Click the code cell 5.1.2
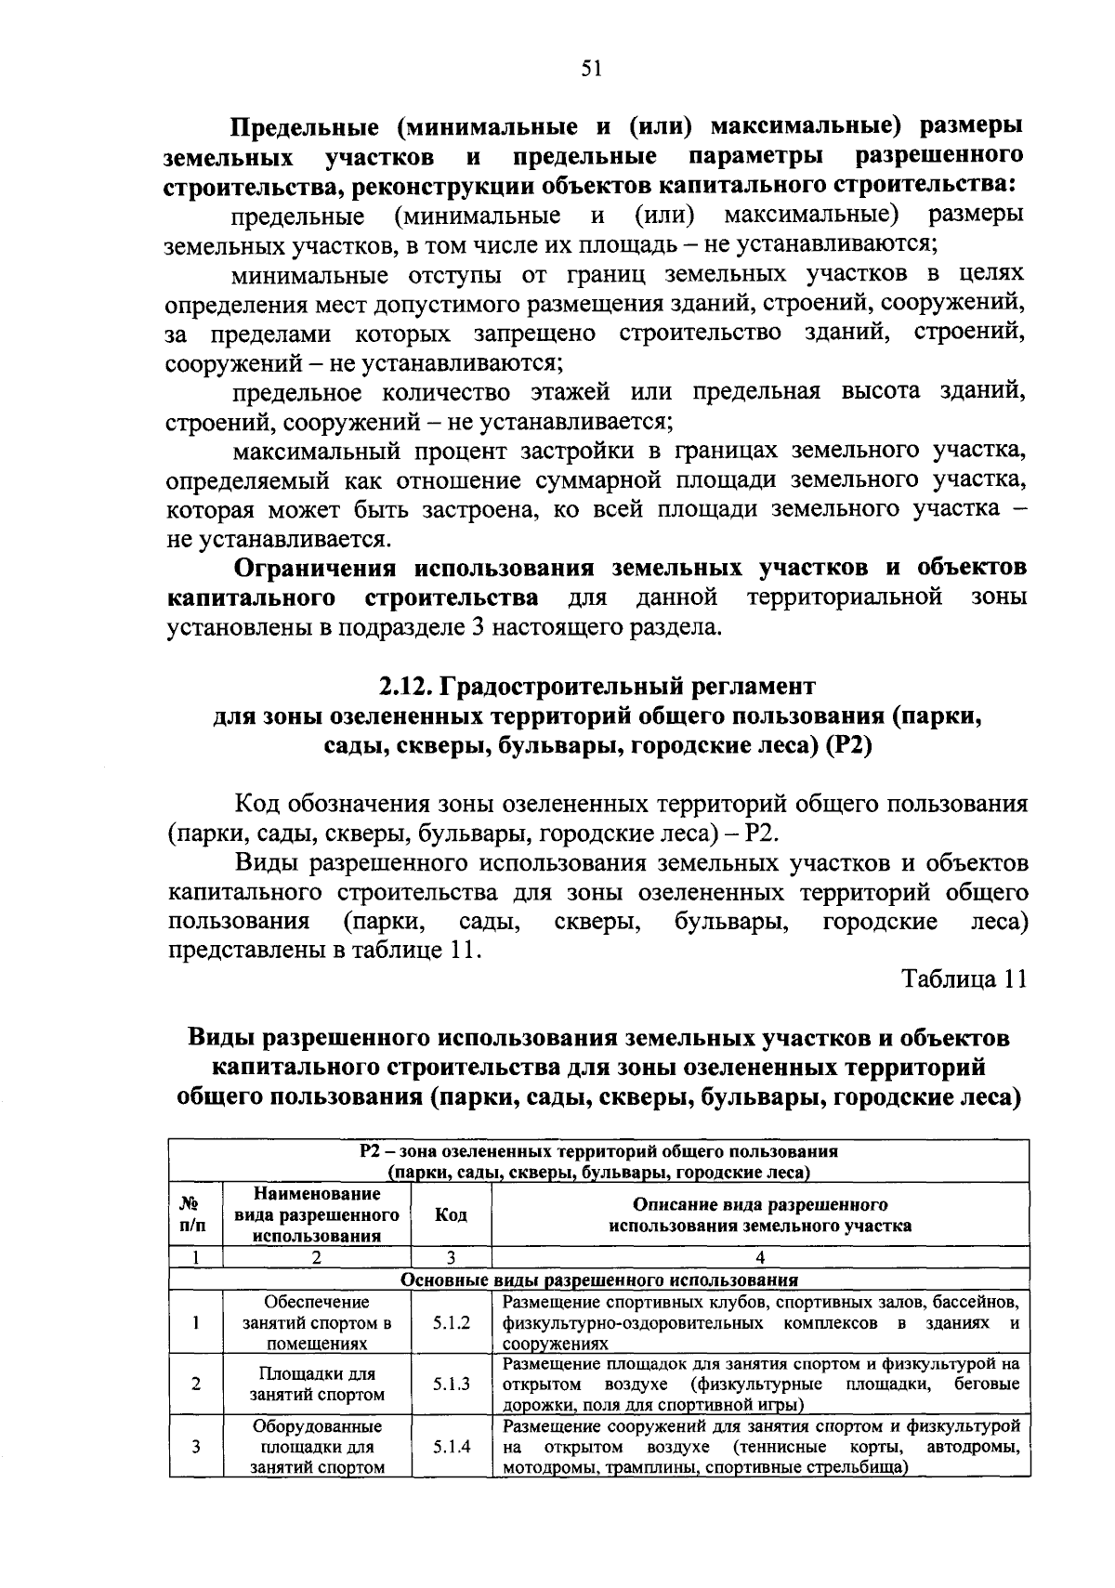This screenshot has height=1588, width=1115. click(451, 1322)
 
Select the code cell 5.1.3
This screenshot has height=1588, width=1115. click(451, 1384)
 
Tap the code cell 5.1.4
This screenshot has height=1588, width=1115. click(451, 1446)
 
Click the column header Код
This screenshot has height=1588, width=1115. click(451, 1214)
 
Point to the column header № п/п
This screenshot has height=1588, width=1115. click(196, 1214)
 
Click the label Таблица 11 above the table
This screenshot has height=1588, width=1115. click(964, 979)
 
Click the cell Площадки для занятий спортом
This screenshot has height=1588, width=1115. click(317, 1384)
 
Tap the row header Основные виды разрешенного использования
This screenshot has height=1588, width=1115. click(598, 1280)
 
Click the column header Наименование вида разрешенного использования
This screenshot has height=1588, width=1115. click(317, 1214)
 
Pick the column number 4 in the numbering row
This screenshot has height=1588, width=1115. click(759, 1258)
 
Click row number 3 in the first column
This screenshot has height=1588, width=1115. click(196, 1446)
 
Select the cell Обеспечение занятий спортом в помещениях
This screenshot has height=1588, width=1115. click(317, 1322)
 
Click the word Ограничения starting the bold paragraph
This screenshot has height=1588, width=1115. click(315, 567)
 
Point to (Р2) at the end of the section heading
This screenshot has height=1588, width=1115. click(847, 746)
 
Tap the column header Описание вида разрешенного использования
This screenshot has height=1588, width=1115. click(759, 1214)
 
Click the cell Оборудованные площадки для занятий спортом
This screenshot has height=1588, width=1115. click(317, 1446)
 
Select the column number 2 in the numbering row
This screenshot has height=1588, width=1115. click(317, 1258)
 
